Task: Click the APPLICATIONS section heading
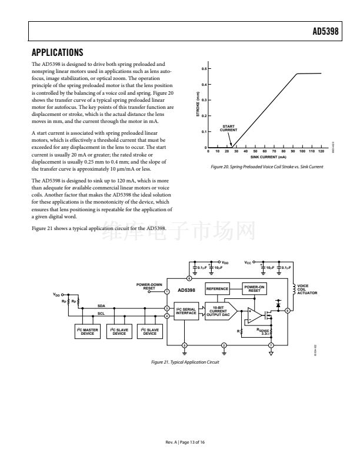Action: point(57,52)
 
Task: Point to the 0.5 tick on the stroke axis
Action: point(204,69)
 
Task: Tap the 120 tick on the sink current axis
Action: point(321,152)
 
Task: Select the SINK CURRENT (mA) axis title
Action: point(268,158)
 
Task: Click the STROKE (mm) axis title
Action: point(198,108)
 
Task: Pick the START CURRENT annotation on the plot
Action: point(228,129)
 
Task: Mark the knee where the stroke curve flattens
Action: point(297,74)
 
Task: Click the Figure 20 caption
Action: point(266,167)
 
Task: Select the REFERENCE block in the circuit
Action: point(216,288)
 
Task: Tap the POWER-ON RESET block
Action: point(254,288)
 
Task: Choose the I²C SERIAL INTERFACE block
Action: point(186,310)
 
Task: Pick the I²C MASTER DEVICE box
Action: point(88,332)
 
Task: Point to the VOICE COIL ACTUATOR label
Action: point(307,289)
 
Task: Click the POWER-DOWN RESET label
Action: point(149,287)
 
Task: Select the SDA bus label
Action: point(101,306)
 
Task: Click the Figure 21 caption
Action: point(185,362)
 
